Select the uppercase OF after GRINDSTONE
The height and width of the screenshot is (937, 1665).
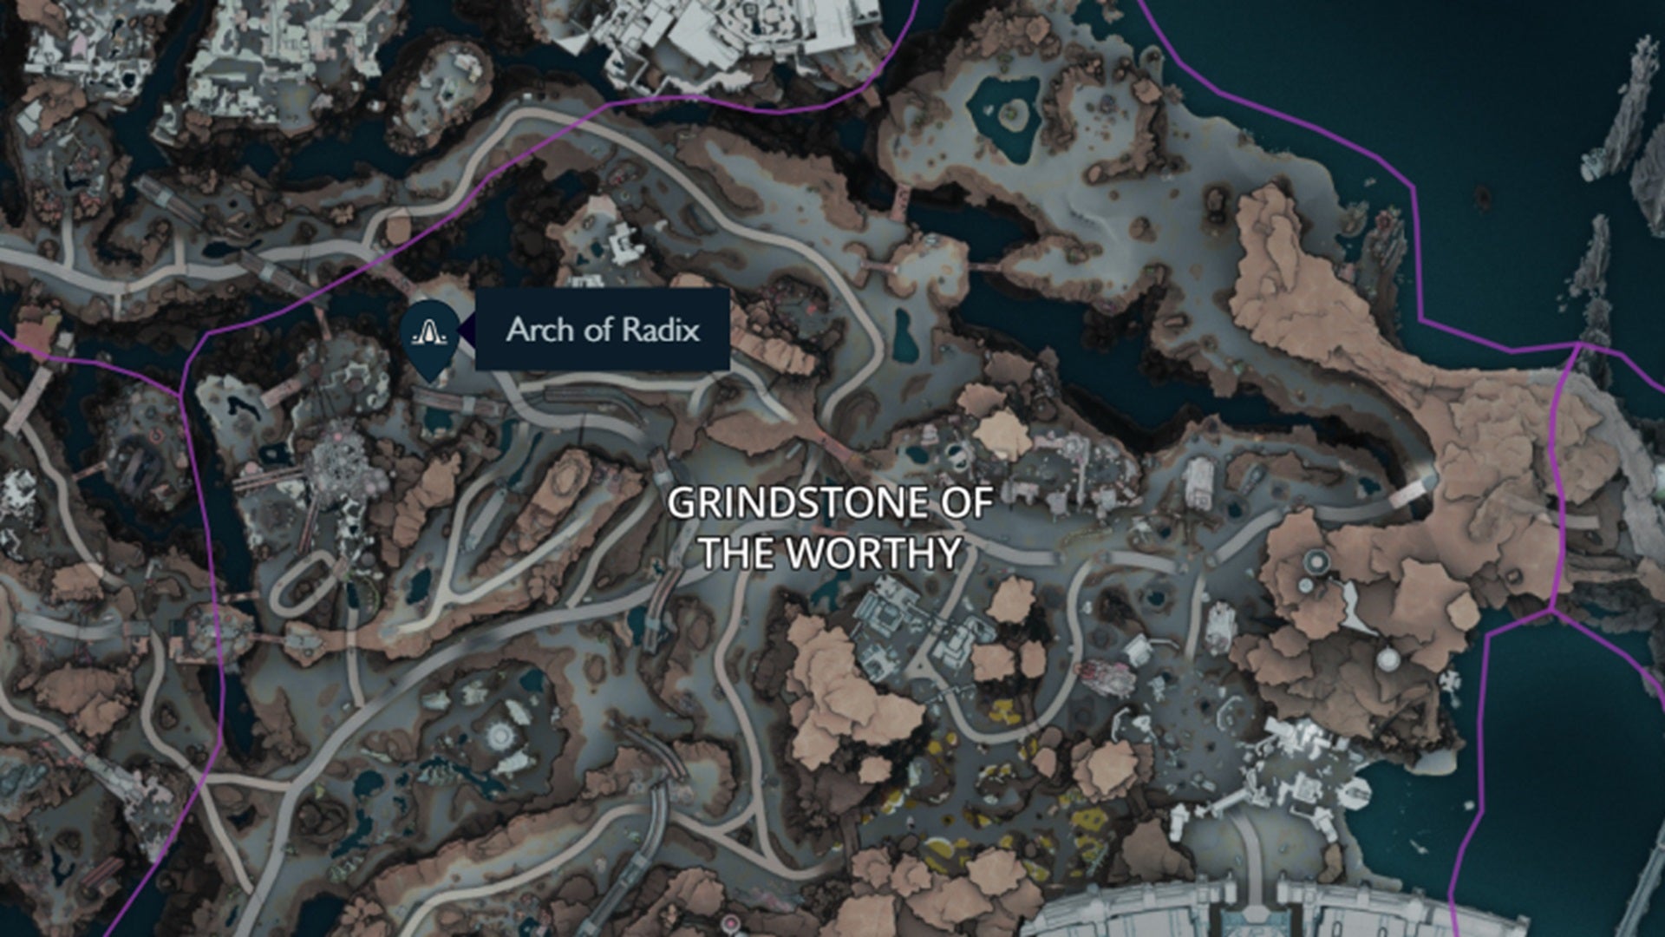(963, 503)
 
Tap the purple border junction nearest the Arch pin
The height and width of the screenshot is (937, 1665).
(181, 395)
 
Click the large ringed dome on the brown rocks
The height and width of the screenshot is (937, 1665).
(1316, 562)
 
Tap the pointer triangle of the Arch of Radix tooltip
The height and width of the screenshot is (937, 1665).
(467, 330)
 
